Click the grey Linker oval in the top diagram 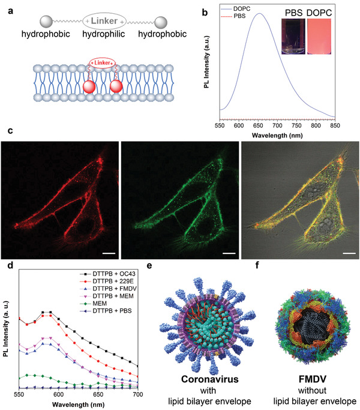104,21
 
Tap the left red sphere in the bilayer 89,87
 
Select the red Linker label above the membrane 102,63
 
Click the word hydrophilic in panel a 104,34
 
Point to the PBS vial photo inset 293,37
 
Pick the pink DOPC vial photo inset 319,37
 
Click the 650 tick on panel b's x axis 258,125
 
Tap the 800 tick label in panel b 316,125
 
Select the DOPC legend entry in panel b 236,9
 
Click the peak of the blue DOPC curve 259,13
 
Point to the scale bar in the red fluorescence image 109,253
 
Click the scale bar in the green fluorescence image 229,253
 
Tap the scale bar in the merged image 349,253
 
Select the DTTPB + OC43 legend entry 108,274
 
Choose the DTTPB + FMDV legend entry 108,289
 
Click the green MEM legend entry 94,304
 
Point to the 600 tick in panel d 59,394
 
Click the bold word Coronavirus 209,379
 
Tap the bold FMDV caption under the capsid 313,379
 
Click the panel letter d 10,265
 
